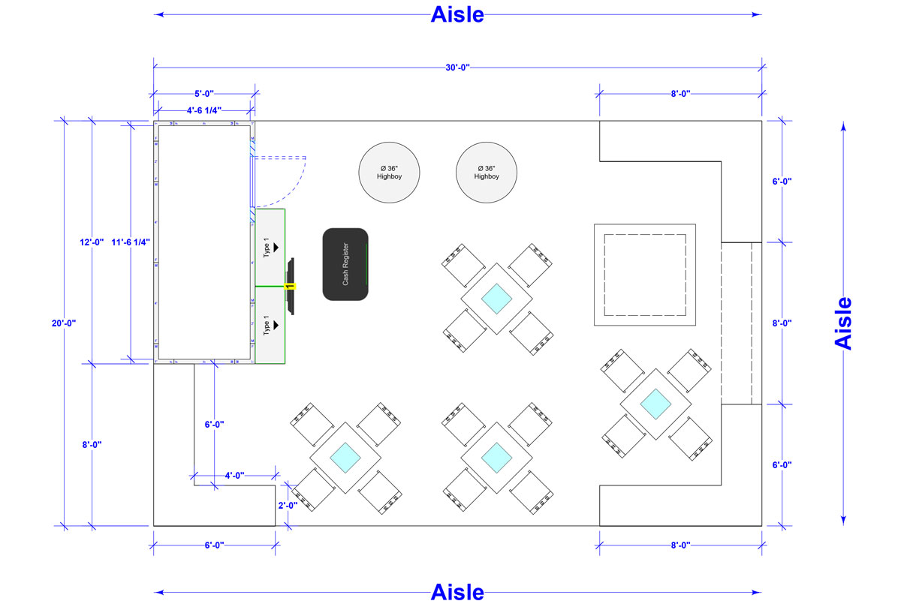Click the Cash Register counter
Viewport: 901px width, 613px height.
click(345, 264)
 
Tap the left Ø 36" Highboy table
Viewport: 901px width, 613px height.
click(389, 172)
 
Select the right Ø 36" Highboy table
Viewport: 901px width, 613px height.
click(487, 172)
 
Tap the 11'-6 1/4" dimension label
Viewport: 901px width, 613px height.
click(131, 242)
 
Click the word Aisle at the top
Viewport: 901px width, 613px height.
click(457, 14)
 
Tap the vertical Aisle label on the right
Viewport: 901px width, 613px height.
click(844, 323)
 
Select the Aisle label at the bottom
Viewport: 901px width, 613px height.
click(457, 592)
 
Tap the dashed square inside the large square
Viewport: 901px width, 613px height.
click(645, 275)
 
